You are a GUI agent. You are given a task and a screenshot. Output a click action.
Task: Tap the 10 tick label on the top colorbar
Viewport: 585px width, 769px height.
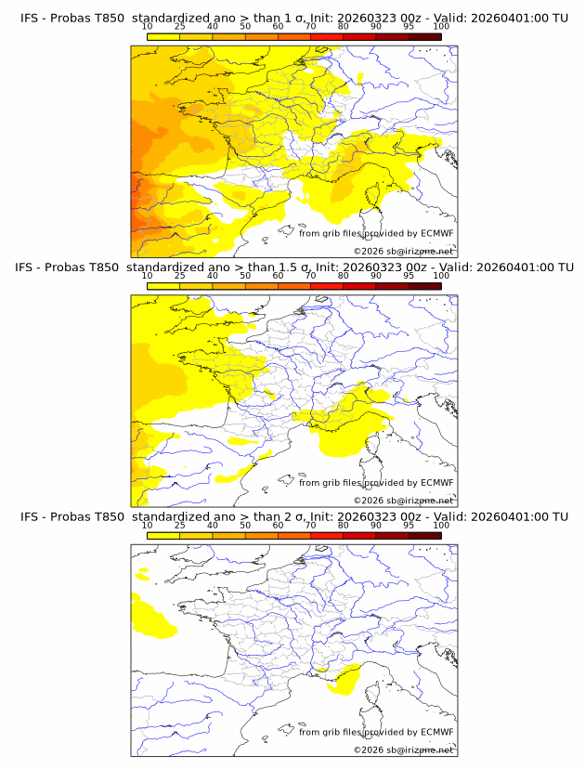[148, 27]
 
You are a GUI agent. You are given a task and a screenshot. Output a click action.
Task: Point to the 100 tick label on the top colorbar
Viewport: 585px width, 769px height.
[441, 27]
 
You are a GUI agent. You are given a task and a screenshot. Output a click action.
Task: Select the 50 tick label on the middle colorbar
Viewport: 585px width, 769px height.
[245, 276]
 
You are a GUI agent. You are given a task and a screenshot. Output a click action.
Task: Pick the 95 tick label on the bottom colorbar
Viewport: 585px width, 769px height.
[409, 526]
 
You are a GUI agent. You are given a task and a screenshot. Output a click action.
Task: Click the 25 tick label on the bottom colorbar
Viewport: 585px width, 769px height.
[180, 526]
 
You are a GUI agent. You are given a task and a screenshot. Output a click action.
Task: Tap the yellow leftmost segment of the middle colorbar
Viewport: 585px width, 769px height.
[163, 286]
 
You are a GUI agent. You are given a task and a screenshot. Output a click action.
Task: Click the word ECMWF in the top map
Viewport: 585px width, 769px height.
[437, 233]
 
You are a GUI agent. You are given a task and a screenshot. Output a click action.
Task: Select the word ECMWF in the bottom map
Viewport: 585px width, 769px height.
[437, 732]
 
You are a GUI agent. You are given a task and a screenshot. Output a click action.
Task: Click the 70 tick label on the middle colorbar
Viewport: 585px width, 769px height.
[310, 276]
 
